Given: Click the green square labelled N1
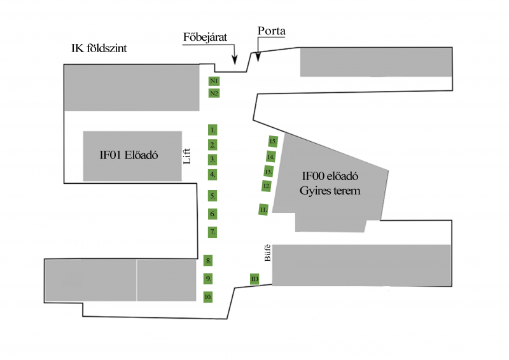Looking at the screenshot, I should coord(214,81).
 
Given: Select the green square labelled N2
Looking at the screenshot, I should coord(214,93).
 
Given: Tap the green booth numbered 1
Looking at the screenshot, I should coord(213,129).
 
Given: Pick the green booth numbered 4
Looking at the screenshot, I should coord(213,174).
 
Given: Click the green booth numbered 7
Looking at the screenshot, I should coord(213,232).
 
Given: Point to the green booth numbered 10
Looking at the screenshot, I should coord(208,296).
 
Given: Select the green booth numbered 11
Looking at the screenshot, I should coord(263,209).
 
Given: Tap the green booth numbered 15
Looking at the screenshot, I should coord(273,141).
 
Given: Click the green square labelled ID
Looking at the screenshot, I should coord(254,279).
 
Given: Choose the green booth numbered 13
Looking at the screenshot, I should coord(268,171).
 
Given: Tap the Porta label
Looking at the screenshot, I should coord(272,31).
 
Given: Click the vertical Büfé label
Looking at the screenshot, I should coord(268,253).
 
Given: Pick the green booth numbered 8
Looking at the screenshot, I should coord(208,261).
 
